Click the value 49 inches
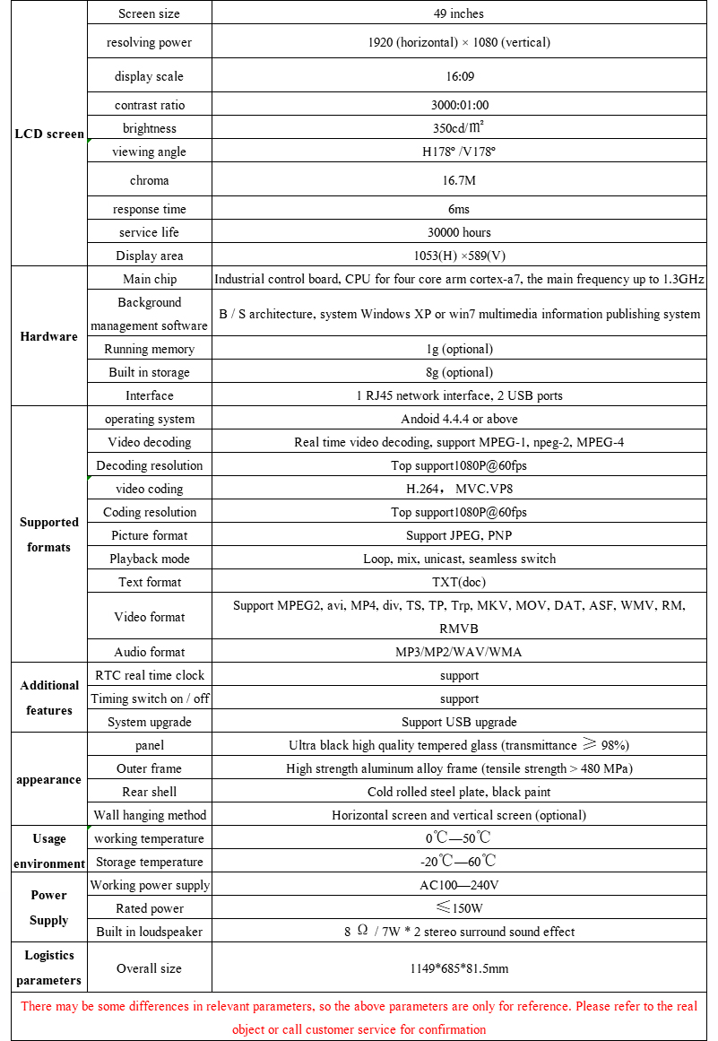(458, 13)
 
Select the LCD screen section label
(49, 134)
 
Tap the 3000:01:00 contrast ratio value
(458, 105)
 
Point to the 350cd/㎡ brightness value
(458, 128)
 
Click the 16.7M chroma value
(458, 180)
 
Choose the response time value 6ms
(458, 209)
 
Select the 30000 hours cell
(458, 232)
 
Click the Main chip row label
(150, 279)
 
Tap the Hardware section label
(49, 337)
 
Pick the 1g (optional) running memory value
(458, 349)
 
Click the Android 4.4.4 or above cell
(458, 419)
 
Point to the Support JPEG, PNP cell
(458, 535)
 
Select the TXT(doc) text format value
(458, 582)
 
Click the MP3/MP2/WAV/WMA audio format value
(458, 652)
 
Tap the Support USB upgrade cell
(458, 722)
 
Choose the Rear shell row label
(150, 792)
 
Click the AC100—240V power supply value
(458, 885)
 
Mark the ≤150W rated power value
(458, 908)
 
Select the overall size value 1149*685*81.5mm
(458, 968)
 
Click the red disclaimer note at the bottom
(359, 1018)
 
